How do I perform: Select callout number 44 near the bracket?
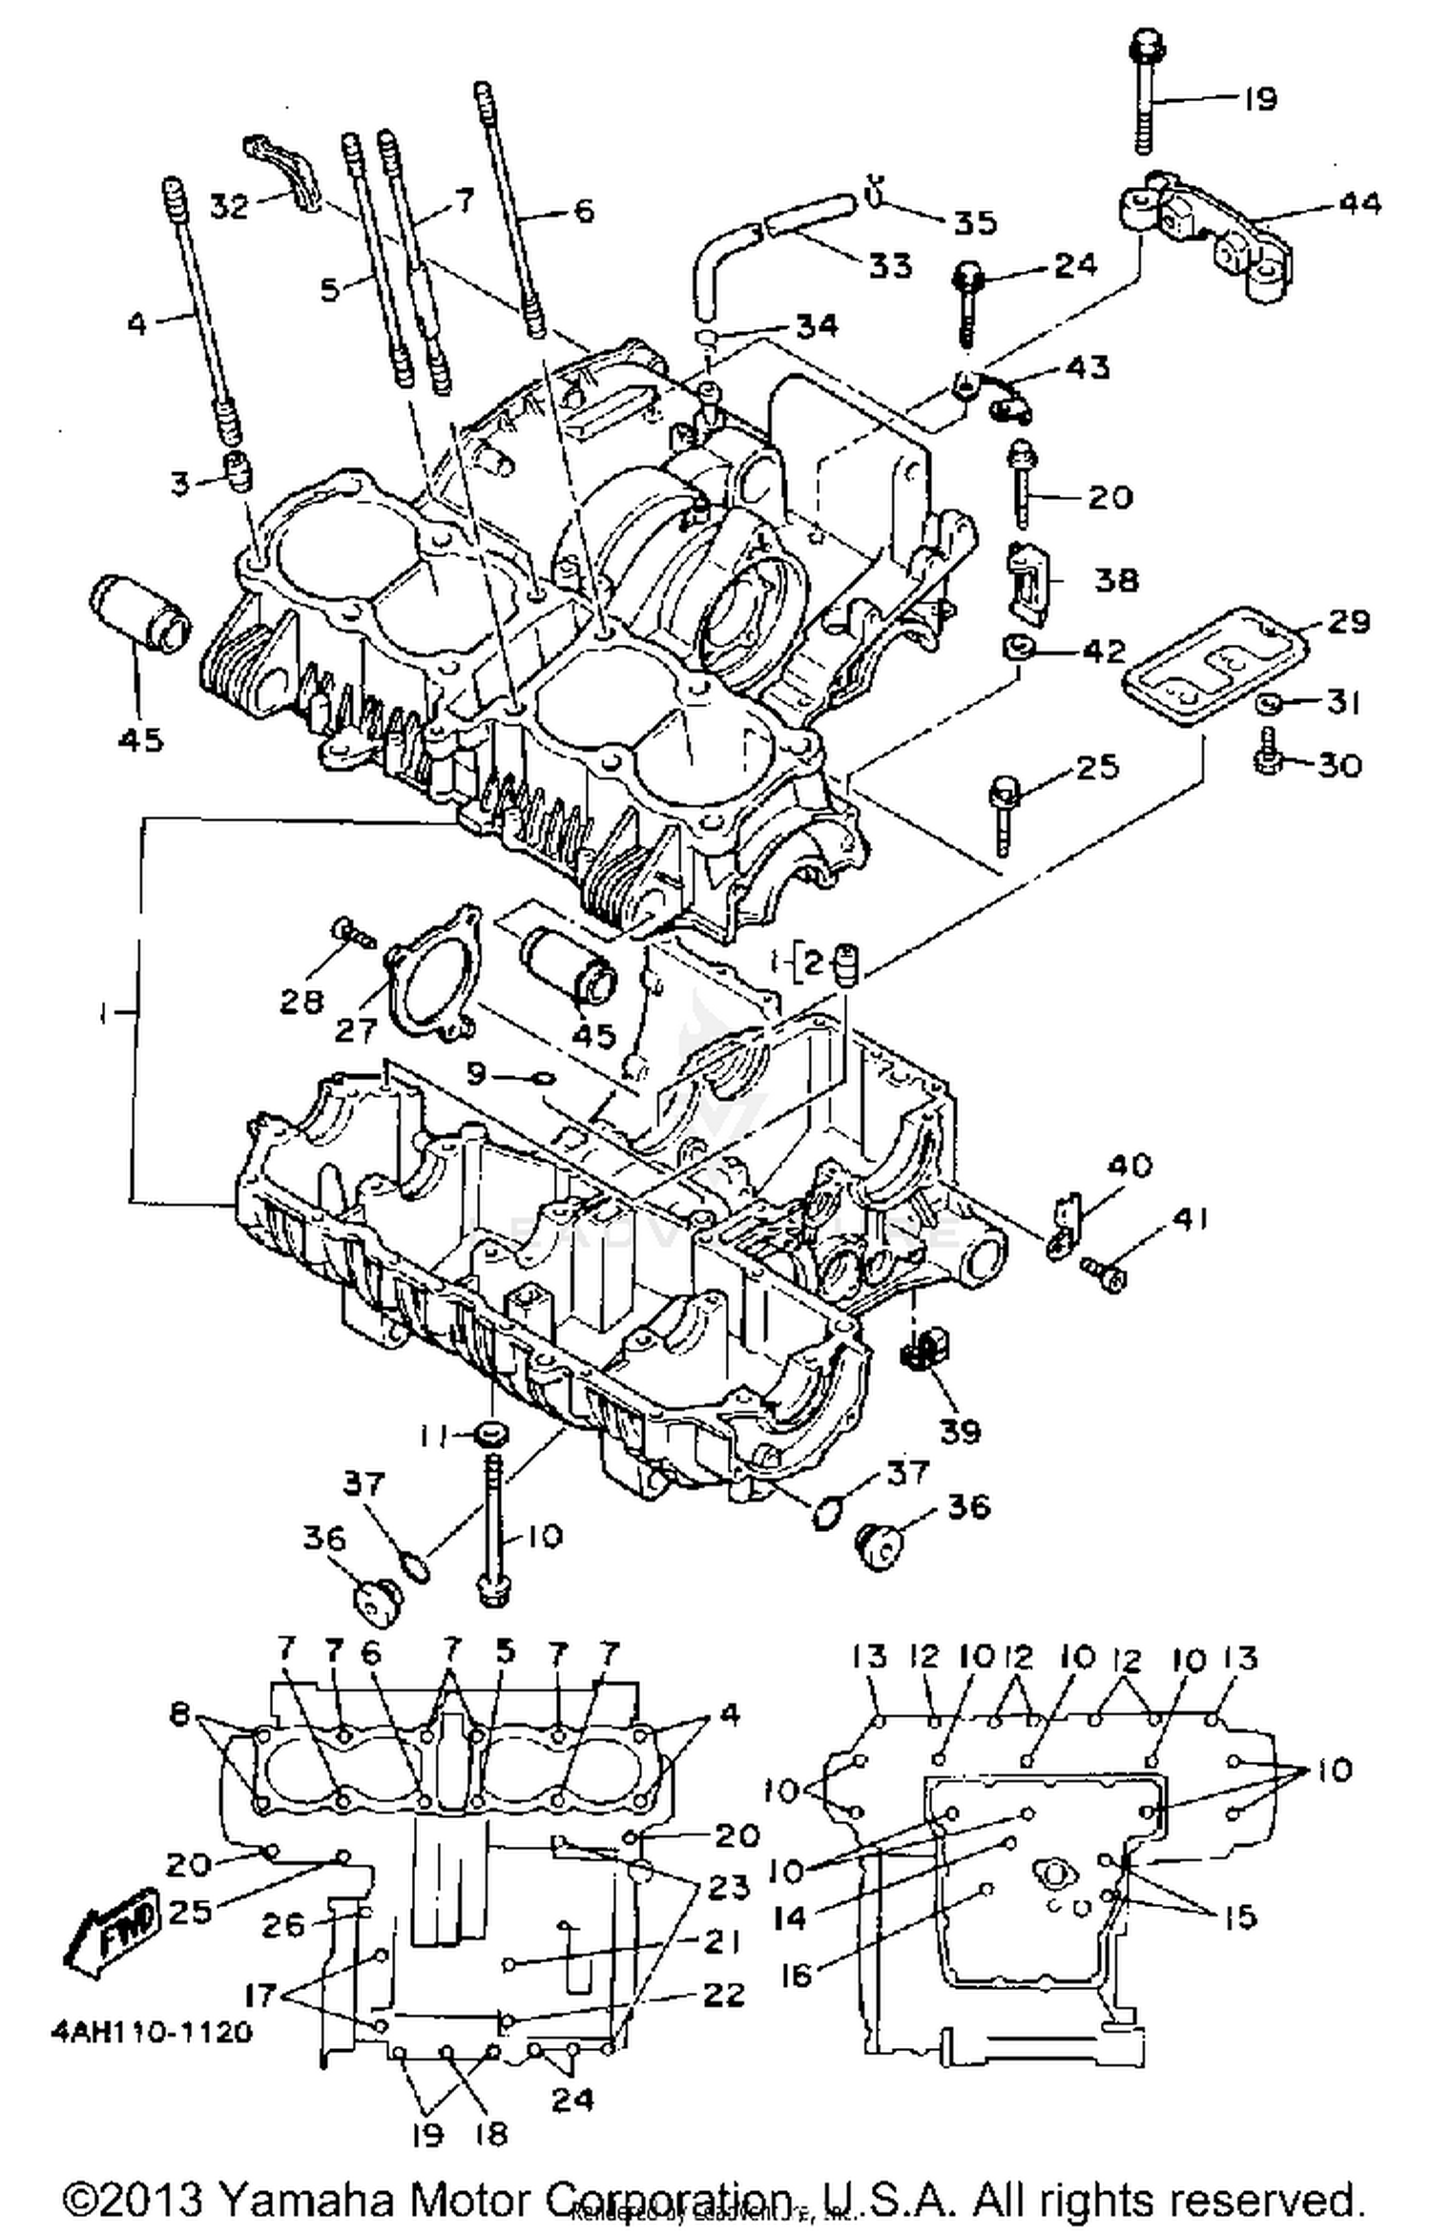(x=1359, y=203)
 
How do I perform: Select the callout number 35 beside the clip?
(x=974, y=222)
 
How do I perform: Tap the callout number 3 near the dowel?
(x=179, y=484)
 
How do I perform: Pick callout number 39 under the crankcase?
(x=960, y=1430)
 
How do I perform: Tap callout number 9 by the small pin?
(x=475, y=1074)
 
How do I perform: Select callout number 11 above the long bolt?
(x=435, y=1435)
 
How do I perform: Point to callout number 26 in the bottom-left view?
(x=283, y=1925)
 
